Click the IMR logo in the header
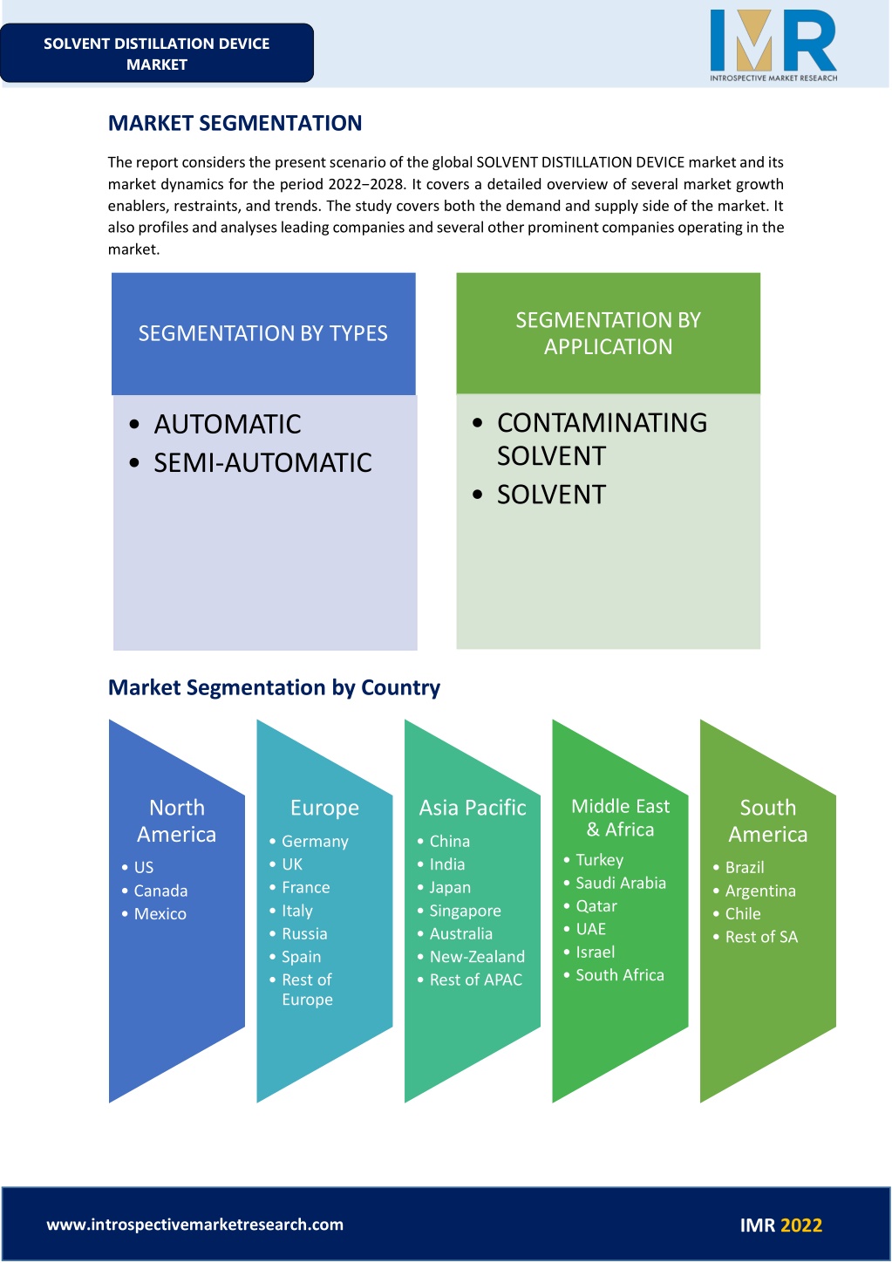pos(773,45)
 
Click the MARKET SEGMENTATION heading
pos(235,123)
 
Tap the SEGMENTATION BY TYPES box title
pos(263,333)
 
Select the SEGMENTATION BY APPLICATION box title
pos(608,333)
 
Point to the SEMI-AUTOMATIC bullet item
pos(262,463)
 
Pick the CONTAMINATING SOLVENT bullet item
pos(602,440)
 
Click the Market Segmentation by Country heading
pos(274,687)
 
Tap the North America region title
pos(176,821)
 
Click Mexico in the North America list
pos(160,913)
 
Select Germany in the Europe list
pos(315,841)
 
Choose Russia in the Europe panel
pos(304,933)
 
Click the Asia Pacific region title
pos(473,808)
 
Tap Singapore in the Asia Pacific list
pos(465,911)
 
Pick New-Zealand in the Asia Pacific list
pos(477,957)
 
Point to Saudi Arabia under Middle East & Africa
pos(621,883)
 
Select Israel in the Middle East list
pos(595,952)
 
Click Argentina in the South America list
pos(760,891)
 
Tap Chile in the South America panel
pos(743,913)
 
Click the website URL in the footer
pos(195,1225)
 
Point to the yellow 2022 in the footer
pos(801,1225)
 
